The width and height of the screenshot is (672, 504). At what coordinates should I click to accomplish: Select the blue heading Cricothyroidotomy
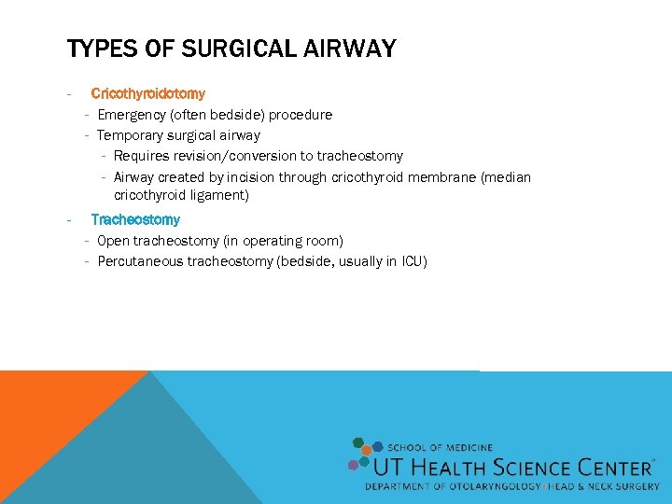tap(147, 93)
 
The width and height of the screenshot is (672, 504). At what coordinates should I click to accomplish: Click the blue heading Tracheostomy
tap(135, 219)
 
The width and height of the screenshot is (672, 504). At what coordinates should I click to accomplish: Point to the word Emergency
tap(133, 115)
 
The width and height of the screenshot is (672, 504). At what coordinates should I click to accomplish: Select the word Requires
tap(140, 156)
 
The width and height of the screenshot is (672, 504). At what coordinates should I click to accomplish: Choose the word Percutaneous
tap(141, 261)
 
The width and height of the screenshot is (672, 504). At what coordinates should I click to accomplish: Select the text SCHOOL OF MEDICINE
tap(440, 448)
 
